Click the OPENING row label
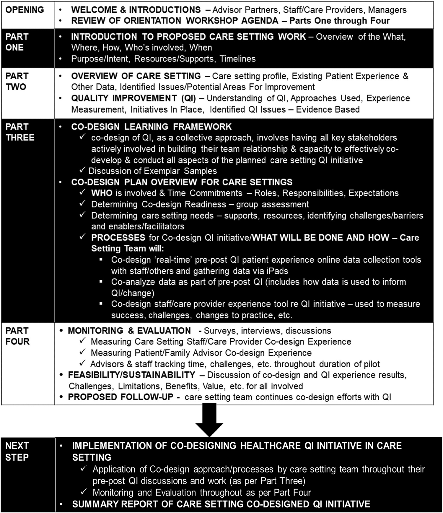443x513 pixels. pos(25,10)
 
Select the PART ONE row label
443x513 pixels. pos(17,42)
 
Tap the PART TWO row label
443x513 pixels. pos(17,81)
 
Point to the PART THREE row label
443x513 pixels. pos(20,132)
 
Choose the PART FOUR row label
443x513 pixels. pos(17,336)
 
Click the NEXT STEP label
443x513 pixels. pos(17,451)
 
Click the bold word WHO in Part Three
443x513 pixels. pos(102,193)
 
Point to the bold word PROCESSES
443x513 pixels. pos(118,237)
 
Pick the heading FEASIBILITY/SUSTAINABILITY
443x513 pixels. pos(131,375)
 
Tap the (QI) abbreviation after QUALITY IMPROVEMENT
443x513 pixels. pos(188,98)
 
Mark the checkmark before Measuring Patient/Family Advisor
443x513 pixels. pos(83,352)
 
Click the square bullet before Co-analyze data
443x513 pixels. pos(101,282)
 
